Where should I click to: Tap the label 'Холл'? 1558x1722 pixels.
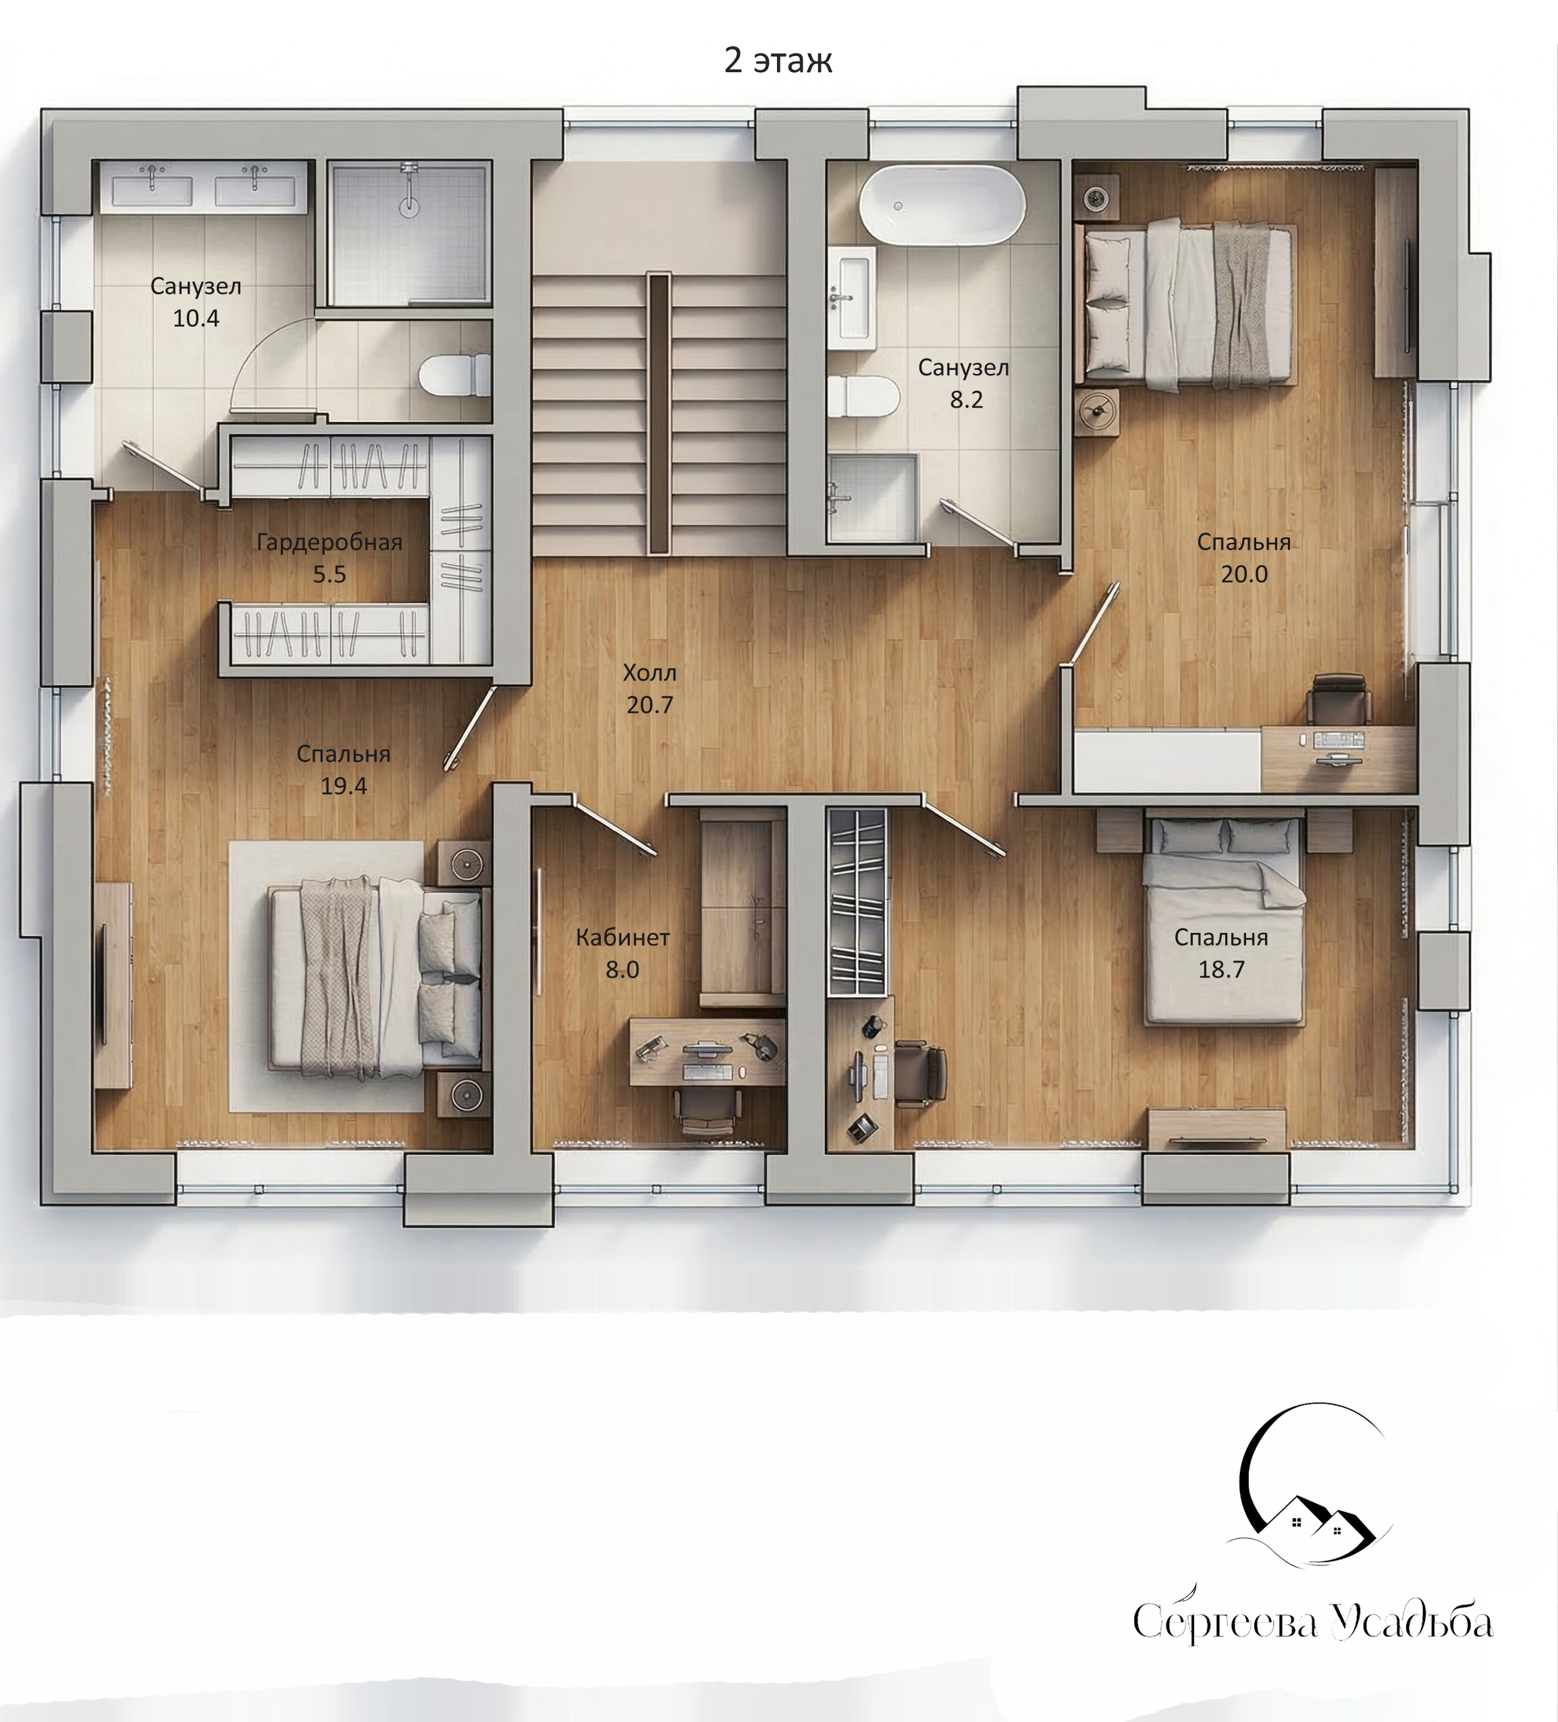pos(649,673)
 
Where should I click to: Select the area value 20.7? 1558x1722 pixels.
pos(649,705)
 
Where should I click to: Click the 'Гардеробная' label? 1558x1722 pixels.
pos(329,543)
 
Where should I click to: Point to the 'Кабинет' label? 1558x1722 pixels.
pos(622,938)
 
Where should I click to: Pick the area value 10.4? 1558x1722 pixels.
pos(196,319)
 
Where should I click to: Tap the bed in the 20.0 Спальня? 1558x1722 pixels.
pos(1188,304)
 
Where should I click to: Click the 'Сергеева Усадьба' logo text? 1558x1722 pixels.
pos(1313,1623)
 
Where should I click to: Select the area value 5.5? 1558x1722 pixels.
pos(329,574)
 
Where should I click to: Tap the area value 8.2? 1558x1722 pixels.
pos(966,400)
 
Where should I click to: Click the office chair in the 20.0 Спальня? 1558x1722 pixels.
pos(1339,699)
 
